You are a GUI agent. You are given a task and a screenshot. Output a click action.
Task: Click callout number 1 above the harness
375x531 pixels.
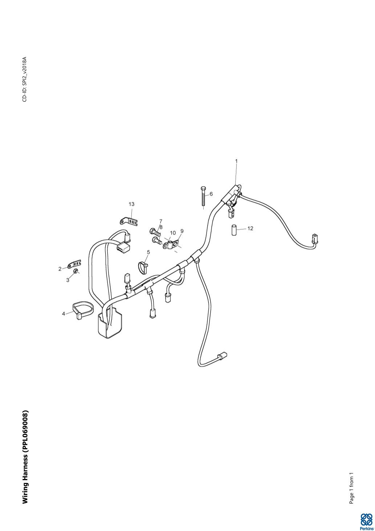tap(236, 161)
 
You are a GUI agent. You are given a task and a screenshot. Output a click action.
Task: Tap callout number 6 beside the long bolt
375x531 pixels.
tap(211, 194)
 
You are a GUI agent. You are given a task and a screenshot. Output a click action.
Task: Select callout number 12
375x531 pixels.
tap(250, 228)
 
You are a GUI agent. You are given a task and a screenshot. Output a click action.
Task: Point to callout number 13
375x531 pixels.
tap(131, 204)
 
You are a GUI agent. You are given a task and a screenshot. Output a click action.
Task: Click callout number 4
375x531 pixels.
tap(64, 313)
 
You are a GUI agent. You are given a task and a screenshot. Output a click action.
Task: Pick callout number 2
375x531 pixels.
tap(60, 269)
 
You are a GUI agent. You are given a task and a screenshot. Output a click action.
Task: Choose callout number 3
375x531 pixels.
tap(68, 280)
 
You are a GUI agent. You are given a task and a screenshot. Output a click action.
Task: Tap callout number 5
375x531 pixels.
tap(148, 252)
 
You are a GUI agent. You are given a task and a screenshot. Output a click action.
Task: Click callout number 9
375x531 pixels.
tap(182, 231)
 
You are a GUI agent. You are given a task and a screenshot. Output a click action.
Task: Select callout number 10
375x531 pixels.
tap(173, 233)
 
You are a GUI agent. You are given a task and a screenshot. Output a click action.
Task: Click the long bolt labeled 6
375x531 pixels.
tap(203, 196)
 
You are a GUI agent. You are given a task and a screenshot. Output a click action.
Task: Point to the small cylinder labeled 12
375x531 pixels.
tap(235, 230)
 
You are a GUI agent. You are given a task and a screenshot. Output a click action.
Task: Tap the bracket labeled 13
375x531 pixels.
tap(129, 221)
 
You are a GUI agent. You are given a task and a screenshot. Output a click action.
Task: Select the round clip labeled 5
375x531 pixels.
tap(143, 267)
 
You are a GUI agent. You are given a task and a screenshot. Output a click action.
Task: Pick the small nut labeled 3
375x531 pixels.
tap(75, 271)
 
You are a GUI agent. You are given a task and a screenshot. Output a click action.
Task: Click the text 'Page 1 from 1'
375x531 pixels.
tap(351, 488)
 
